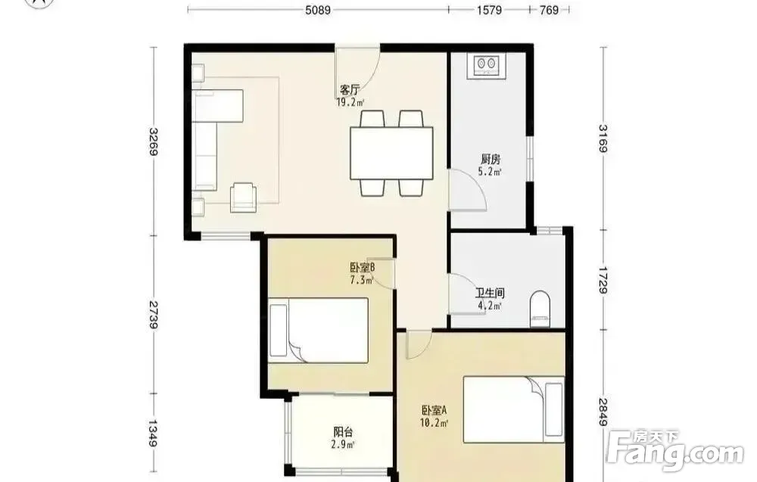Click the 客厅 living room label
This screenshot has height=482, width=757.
(x=350, y=90)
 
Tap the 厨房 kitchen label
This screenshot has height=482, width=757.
(x=491, y=159)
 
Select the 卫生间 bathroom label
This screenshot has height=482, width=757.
(x=490, y=293)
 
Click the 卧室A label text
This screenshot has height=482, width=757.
(x=435, y=411)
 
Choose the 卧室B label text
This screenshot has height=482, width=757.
(x=363, y=267)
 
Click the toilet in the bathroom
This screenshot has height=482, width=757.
(x=540, y=309)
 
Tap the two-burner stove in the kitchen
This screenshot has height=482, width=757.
(x=486, y=66)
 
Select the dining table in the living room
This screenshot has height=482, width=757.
(x=391, y=153)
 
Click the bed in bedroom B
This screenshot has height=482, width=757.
(x=319, y=331)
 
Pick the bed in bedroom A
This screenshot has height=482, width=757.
(x=514, y=409)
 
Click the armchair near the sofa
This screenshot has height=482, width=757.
(x=244, y=197)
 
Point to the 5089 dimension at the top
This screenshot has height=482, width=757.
(x=318, y=10)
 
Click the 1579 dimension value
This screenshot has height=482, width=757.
(x=489, y=10)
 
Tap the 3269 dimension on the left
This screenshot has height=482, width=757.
(x=154, y=141)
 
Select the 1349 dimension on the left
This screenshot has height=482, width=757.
(x=154, y=433)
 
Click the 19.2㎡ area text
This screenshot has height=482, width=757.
(x=350, y=102)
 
